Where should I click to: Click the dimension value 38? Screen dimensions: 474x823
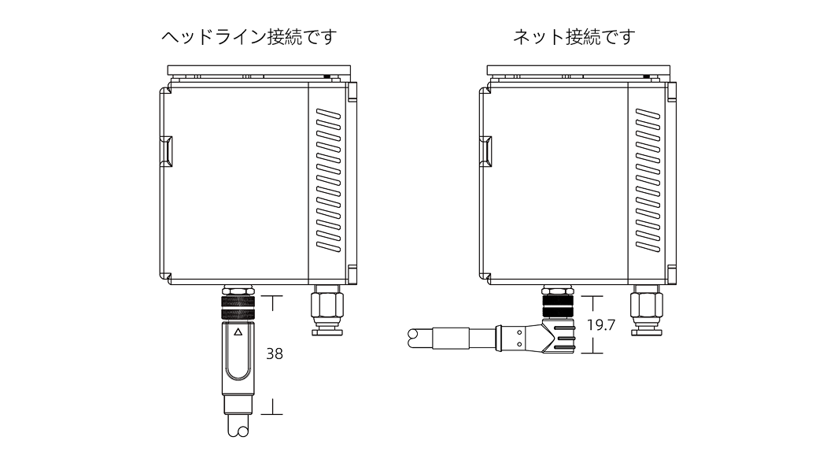[275, 354]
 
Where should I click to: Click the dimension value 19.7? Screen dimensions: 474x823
[600, 324]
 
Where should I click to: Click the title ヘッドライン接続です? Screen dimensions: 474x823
[248, 37]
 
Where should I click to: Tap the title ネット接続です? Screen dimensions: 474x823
[573, 37]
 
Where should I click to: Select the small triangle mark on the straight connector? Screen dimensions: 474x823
[238, 332]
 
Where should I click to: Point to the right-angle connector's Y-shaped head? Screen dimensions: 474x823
[556, 338]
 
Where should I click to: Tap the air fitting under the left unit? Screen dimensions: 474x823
[326, 310]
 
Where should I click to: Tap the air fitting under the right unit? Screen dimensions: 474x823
[647, 310]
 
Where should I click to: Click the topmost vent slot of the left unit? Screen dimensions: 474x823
[327, 115]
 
